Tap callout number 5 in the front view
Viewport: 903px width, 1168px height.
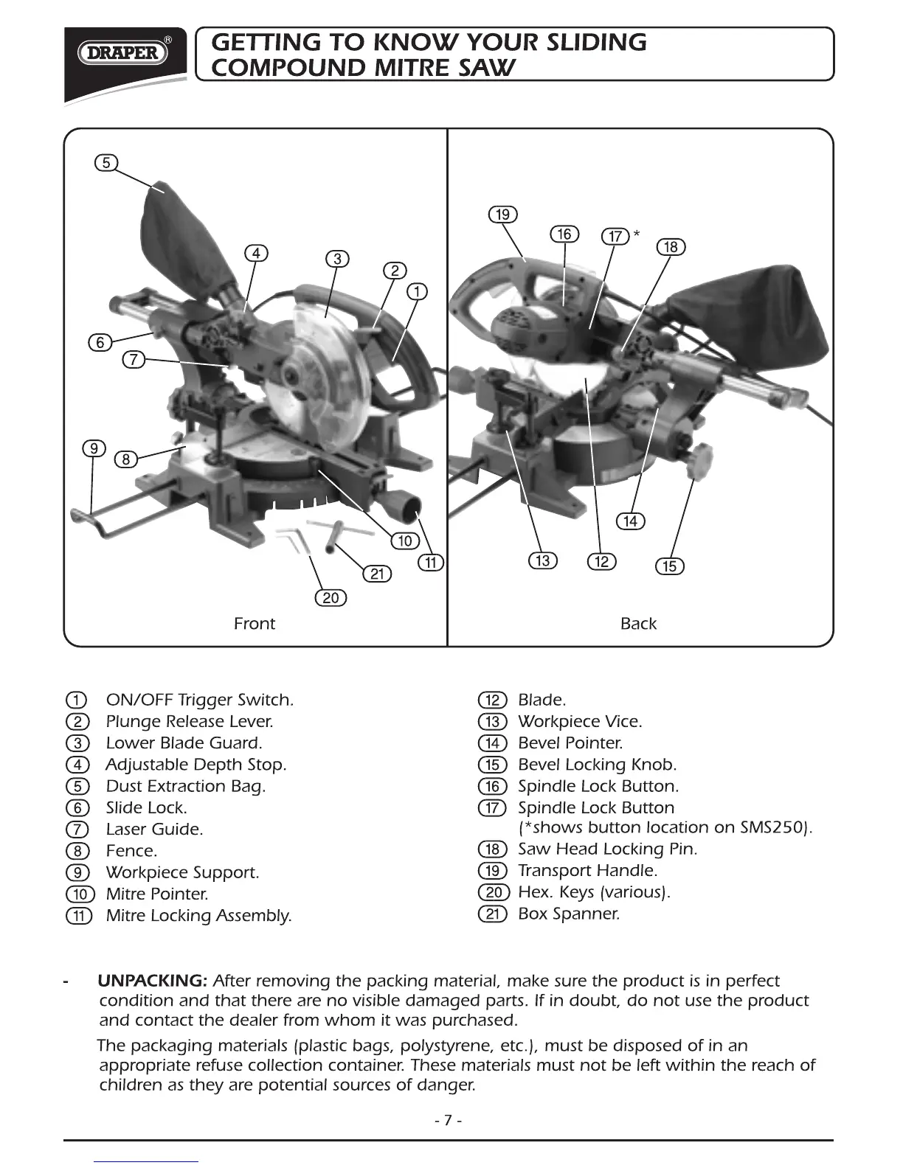[x=106, y=162]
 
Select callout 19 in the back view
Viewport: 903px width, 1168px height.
[x=502, y=215]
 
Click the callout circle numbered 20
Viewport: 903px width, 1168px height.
[x=331, y=597]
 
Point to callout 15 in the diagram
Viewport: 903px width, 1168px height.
[x=670, y=566]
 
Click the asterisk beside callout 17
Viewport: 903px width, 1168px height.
[x=637, y=234]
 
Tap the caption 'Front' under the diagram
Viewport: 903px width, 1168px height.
[x=254, y=624]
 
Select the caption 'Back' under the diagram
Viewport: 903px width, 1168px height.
[x=638, y=624]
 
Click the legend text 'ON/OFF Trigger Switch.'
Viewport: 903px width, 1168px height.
[x=199, y=700]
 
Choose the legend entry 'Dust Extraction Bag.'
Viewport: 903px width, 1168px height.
[x=185, y=786]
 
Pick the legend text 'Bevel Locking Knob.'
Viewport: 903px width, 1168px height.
[x=597, y=765]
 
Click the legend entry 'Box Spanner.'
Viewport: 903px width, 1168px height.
[x=568, y=914]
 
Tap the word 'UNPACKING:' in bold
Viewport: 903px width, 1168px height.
[x=153, y=981]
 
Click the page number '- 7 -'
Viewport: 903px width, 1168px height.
[x=449, y=1121]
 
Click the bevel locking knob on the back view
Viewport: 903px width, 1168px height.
[x=698, y=460]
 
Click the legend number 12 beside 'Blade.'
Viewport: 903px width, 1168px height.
[x=492, y=700]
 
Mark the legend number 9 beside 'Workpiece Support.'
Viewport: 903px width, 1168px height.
[x=77, y=872]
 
